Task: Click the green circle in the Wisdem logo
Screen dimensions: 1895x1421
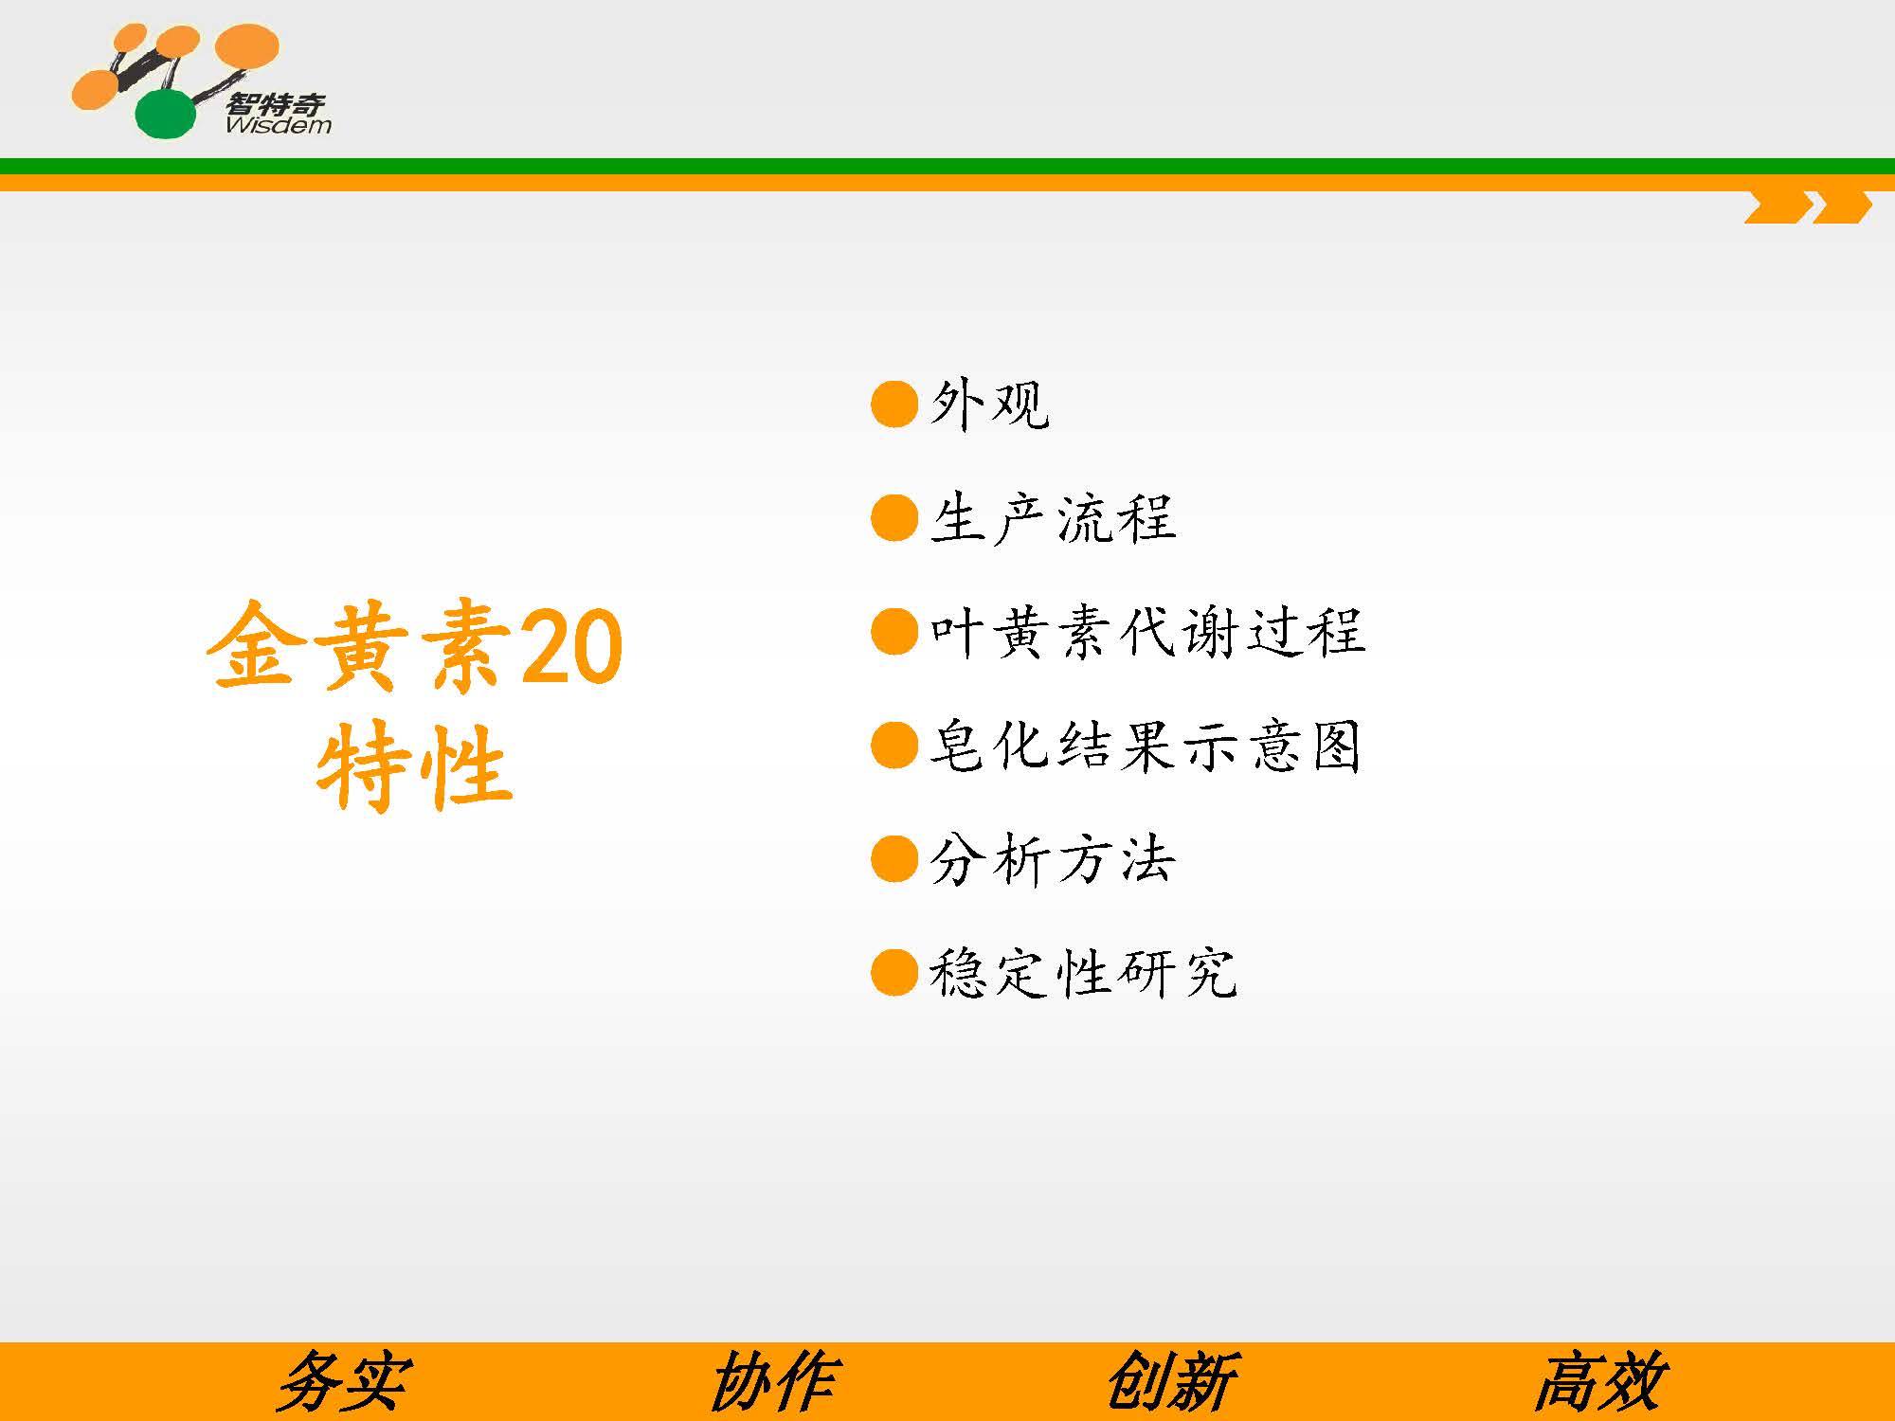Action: pyautogui.click(x=166, y=114)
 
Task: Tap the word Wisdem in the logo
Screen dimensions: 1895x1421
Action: pyautogui.click(x=278, y=125)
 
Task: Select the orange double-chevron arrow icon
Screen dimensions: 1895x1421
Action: pyautogui.click(x=1808, y=207)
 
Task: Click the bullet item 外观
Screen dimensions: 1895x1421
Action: pyautogui.click(x=989, y=405)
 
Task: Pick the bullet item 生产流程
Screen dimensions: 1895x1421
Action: pyautogui.click(x=1053, y=519)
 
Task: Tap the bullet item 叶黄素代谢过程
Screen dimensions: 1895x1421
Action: pyautogui.click(x=1147, y=632)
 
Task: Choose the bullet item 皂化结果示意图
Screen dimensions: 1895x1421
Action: pyautogui.click(x=1146, y=746)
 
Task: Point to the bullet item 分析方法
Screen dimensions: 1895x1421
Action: pyautogui.click(x=1053, y=860)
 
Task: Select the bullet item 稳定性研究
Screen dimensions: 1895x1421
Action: pyautogui.click(x=1083, y=974)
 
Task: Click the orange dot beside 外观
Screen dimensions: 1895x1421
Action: pyautogui.click(x=894, y=405)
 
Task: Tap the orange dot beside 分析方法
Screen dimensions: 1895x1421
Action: pyautogui.click(x=894, y=859)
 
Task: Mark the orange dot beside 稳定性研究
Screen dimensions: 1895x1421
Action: pyautogui.click(x=894, y=973)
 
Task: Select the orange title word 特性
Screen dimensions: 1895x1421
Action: pyautogui.click(x=414, y=765)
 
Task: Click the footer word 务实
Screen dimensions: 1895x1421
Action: pyautogui.click(x=343, y=1382)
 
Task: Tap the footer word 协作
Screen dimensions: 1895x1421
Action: pyautogui.click(x=773, y=1382)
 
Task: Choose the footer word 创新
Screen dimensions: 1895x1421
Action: pyautogui.click(x=1172, y=1382)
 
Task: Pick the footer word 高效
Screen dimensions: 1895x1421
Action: pyautogui.click(x=1601, y=1382)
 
